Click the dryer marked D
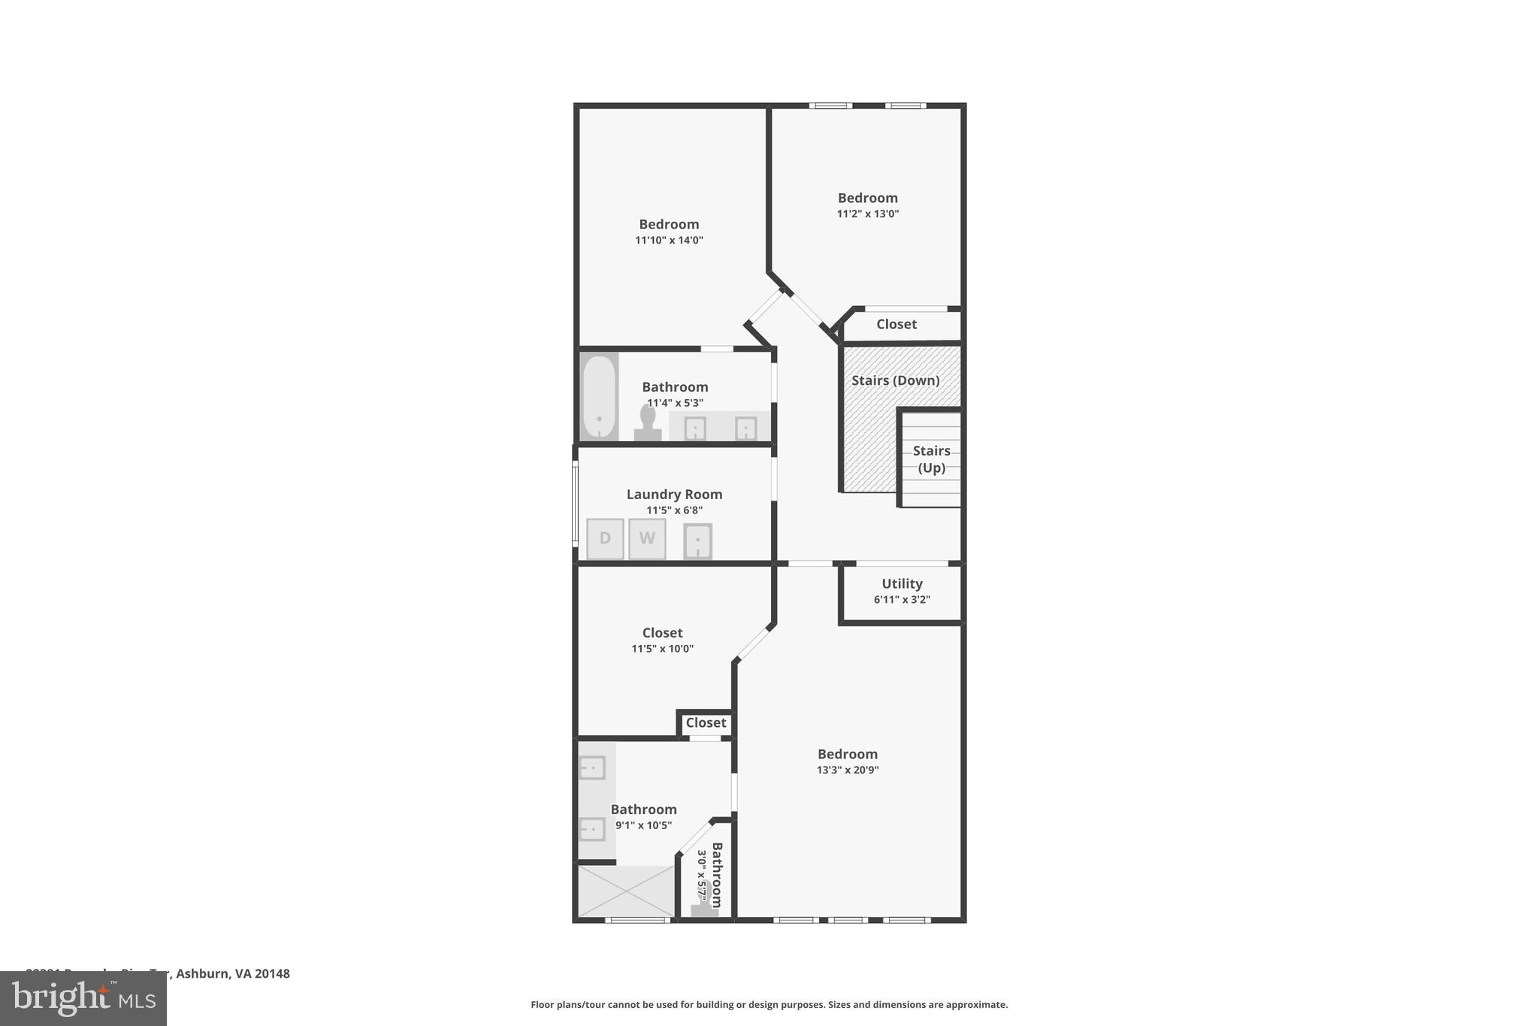pos(605,539)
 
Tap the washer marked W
pos(647,539)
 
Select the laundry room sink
pos(697,541)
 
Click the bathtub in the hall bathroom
pos(599,396)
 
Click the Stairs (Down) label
pos(895,380)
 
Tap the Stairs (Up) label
pos(931,459)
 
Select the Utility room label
pos(902,583)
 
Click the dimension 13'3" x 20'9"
pos(848,770)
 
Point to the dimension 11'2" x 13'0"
pos(868,213)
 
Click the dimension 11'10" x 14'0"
pos(669,241)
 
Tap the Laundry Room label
pos(674,494)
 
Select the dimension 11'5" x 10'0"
pos(662,649)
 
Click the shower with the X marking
pos(626,891)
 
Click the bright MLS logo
pos(83,999)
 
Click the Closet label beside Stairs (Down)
pos(896,324)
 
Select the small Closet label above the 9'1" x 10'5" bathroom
pos(706,722)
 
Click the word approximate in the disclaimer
pos(976,1004)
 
